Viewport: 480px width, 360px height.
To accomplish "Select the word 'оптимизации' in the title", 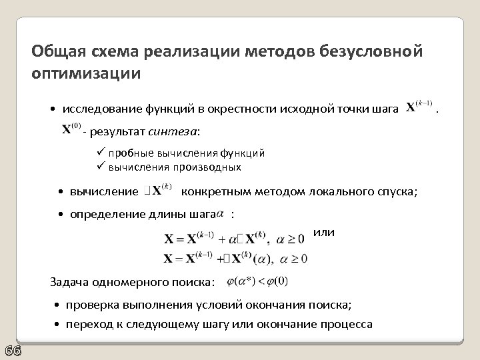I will coord(86,73).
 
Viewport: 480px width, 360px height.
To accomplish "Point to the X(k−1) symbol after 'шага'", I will coord(420,107).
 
